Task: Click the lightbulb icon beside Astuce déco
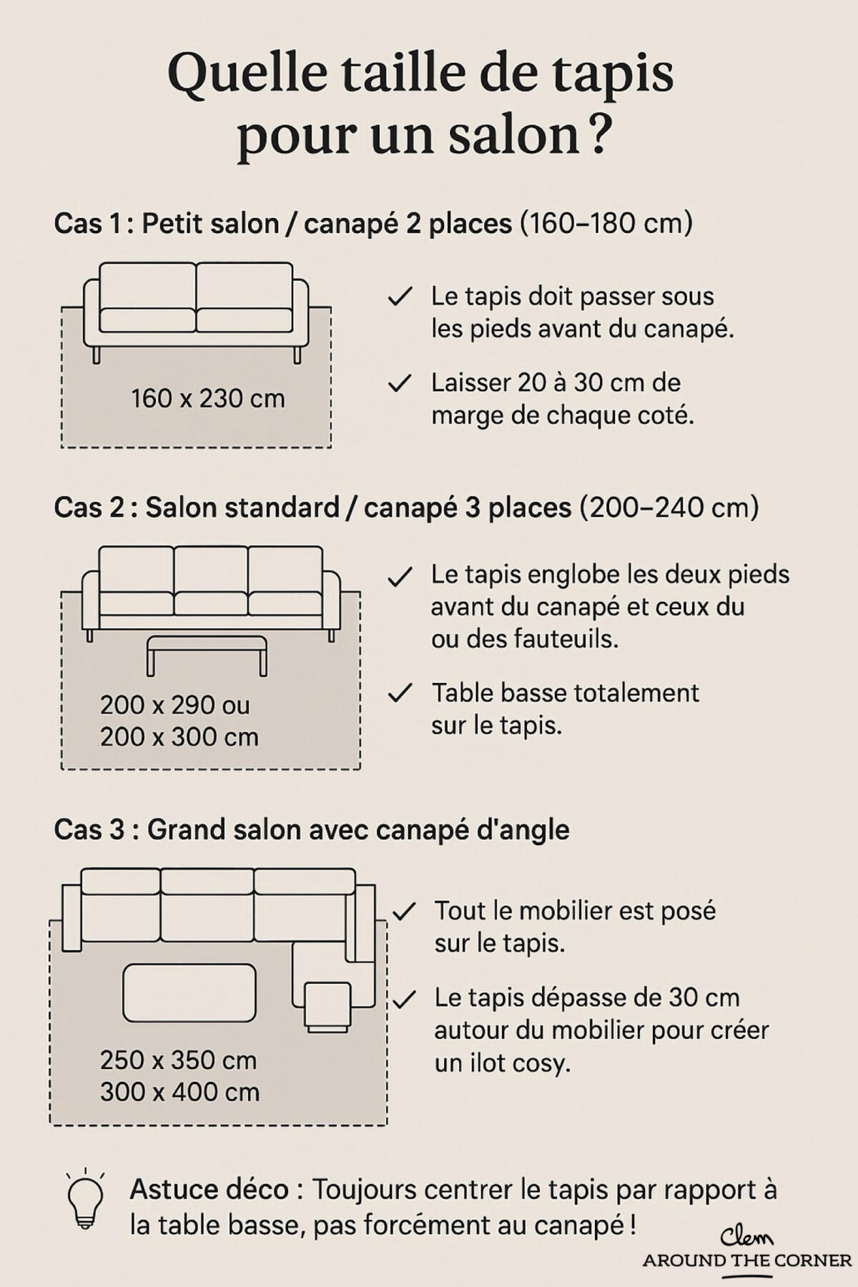pos(85,1202)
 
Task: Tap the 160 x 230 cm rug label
pos(207,398)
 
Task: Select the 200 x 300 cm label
pos(179,736)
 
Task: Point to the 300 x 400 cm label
pos(179,1092)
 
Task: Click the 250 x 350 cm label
pos(178,1060)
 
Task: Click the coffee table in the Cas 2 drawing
pos(207,647)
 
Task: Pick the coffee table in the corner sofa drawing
pos(189,992)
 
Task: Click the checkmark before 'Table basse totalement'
pos(400,693)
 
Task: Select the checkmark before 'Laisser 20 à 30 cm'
pos(400,383)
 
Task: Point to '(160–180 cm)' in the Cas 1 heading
pos(606,224)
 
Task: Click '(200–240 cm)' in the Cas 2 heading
pos(669,508)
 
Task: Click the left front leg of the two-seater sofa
pos(96,355)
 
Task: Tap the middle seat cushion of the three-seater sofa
pos(210,603)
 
